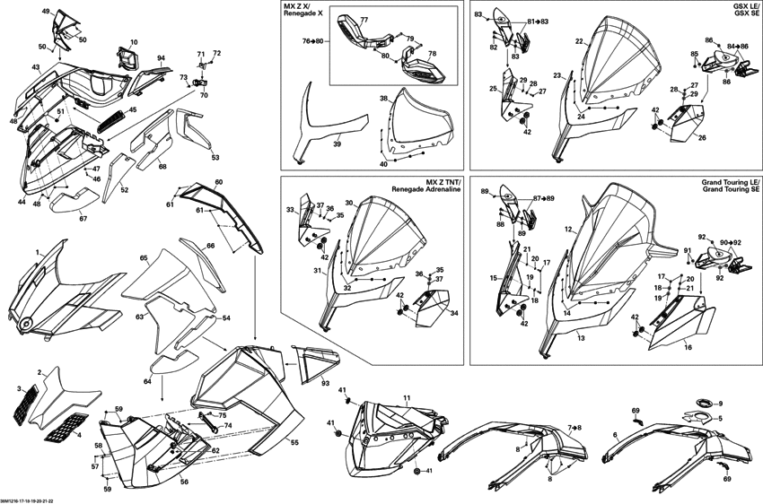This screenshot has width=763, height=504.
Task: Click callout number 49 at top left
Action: pos(46,11)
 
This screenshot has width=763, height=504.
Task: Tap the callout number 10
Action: pos(134,42)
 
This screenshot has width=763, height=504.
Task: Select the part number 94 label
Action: pos(161,58)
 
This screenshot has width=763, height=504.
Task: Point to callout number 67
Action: pos(83,218)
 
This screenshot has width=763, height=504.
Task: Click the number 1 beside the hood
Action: pos(38,254)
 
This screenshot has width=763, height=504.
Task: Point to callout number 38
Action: pos(382,99)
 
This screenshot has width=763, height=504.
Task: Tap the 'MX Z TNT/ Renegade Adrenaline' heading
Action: pos(429,186)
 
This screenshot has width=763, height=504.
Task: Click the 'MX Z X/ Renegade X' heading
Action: pos(304,13)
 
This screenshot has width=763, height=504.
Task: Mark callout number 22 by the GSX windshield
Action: pos(579,41)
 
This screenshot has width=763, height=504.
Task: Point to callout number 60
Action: pos(219,182)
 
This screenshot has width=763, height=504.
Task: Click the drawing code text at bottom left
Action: pos(28,500)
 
